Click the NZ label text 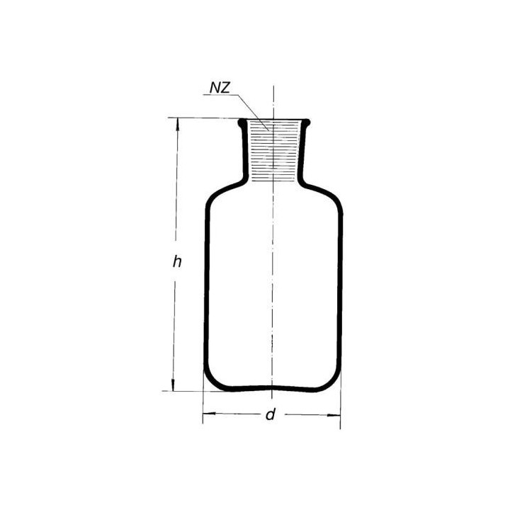click(x=220, y=88)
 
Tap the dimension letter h click(x=177, y=262)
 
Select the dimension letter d click(x=271, y=414)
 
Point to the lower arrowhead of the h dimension click(x=174, y=385)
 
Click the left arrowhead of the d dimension click(x=209, y=414)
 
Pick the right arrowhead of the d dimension click(x=334, y=415)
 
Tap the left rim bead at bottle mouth click(x=242, y=123)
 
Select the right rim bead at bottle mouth click(x=307, y=123)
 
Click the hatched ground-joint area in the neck click(x=273, y=151)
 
